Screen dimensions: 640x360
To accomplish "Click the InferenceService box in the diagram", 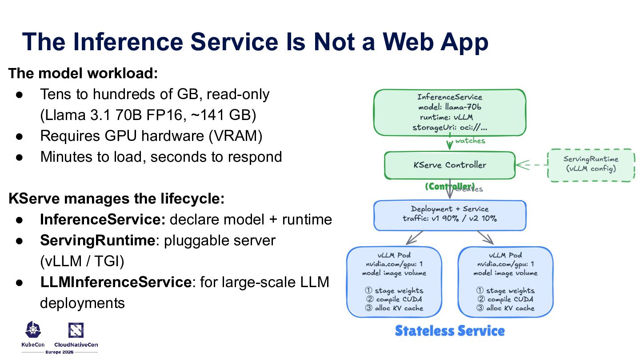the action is pos(449,112).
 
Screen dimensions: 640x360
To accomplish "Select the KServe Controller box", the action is pos(449,165).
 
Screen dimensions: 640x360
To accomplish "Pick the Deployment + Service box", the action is pos(449,214).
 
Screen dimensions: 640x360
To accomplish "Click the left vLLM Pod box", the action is pos(394,281).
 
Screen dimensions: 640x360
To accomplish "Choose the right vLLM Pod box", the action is pos(505,281).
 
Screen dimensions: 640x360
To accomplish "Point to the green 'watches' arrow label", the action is pos(470,141).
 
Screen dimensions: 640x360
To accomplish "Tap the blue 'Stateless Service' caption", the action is pos(449,331).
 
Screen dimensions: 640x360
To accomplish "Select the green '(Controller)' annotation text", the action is pos(449,187).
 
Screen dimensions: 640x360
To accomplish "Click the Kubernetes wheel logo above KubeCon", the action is pos(33,330).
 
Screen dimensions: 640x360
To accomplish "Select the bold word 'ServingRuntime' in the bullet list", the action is pos(97,240).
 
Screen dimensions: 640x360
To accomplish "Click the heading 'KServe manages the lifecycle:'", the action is pos(116,199).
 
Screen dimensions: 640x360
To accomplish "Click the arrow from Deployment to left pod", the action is pos(414,237).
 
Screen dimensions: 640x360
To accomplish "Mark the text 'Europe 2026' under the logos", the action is pos(60,352).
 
